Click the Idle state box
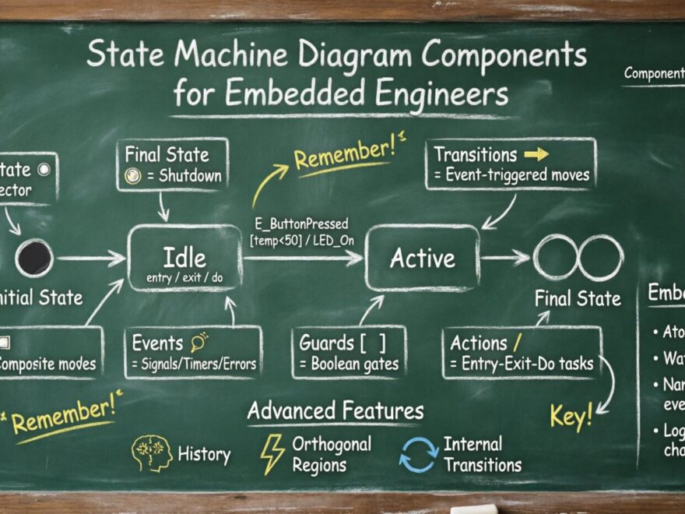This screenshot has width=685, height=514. pos(184,259)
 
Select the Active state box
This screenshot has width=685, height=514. pos(423,259)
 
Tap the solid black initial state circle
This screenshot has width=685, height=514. pos(34,258)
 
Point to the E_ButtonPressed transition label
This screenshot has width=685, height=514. pos(300,223)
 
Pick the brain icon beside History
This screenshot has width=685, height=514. pos(151,454)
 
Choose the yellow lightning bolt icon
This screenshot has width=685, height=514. pos(272,454)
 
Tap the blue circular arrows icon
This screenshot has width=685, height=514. pos(418,455)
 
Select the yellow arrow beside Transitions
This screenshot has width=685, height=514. pos(536,153)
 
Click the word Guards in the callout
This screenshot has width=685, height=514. pos(328,343)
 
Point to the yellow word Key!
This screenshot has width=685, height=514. pos(571,416)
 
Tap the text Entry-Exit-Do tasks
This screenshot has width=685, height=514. pos(527,364)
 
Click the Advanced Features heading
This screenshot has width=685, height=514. pos(335,410)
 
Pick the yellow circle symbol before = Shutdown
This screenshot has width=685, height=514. pos(133,176)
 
